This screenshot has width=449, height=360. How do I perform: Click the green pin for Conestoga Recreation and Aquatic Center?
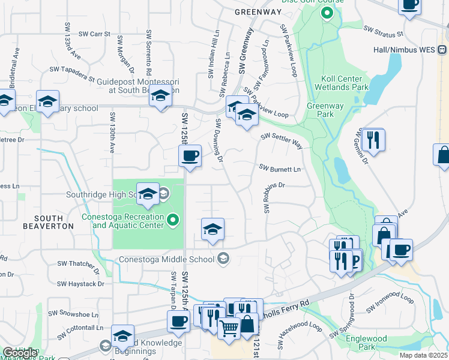tap(173, 220)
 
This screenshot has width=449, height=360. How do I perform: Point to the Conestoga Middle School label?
tap(167, 259)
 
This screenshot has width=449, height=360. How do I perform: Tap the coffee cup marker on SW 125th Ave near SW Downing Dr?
tap(190, 157)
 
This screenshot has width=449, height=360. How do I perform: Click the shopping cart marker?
tap(229, 329)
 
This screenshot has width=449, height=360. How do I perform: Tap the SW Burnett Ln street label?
tap(279, 169)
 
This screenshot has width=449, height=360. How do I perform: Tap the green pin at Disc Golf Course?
tap(327, 13)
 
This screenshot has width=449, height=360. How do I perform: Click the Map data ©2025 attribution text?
tap(424, 355)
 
